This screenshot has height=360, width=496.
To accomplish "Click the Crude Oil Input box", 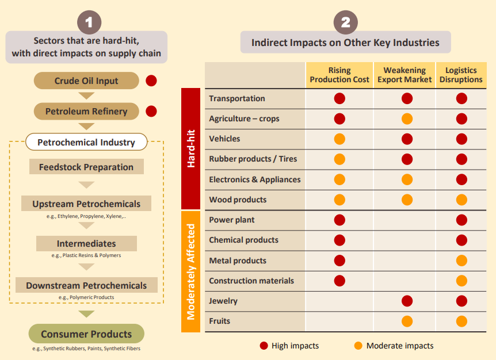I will (x=86, y=81).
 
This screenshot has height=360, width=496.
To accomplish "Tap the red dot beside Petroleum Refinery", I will (x=151, y=111).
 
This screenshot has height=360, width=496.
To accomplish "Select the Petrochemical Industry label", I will (x=86, y=142).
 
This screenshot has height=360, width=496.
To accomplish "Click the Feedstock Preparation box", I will (x=86, y=167).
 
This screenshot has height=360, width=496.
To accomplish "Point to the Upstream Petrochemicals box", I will (x=86, y=204).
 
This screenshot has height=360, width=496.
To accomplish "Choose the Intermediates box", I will (x=86, y=243).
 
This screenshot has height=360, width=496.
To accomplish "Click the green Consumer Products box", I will (x=86, y=334).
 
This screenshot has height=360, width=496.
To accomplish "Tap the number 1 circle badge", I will (x=89, y=22).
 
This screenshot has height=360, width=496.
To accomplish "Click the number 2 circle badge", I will (x=345, y=22).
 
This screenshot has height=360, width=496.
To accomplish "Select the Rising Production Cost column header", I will (x=339, y=75).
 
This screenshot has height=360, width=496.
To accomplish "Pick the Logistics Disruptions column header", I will (x=461, y=75).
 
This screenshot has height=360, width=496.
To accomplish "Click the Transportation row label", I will (x=237, y=98).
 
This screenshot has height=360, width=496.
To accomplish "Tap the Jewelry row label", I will (x=223, y=301).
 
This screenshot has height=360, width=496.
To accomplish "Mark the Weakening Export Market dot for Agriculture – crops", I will (x=407, y=119).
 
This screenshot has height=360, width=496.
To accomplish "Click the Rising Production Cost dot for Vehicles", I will (x=339, y=139).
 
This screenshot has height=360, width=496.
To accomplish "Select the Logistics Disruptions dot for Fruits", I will (x=461, y=321).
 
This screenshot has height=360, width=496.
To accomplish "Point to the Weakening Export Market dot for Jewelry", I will (x=407, y=301).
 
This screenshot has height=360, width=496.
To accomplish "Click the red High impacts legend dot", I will (x=264, y=346).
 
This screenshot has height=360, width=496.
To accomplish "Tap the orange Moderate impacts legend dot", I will (x=358, y=346).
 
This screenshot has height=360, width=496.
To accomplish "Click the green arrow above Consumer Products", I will (x=86, y=314).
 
